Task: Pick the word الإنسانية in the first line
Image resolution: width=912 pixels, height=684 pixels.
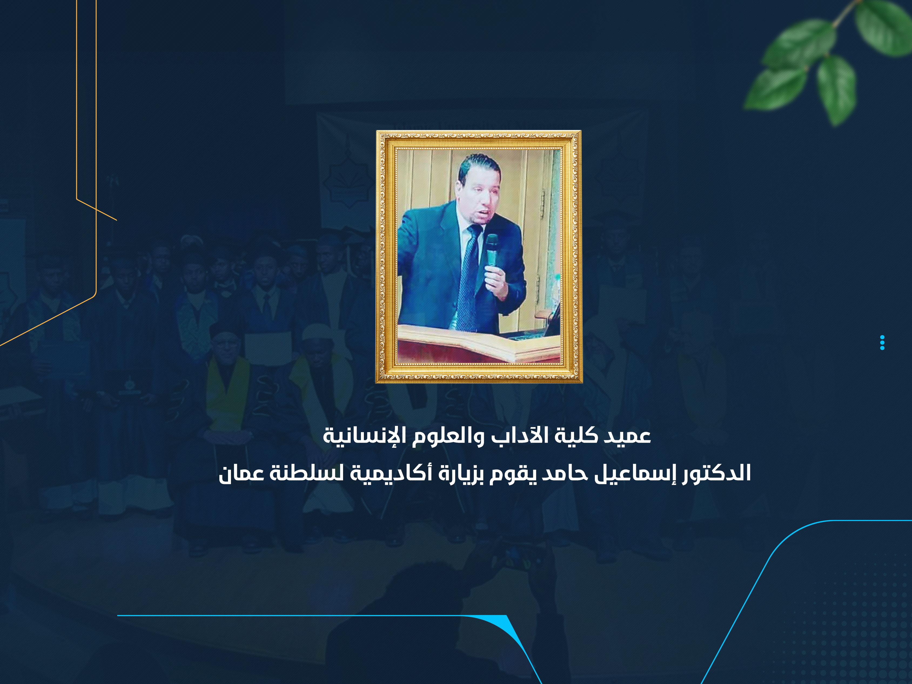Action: click(x=357, y=436)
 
